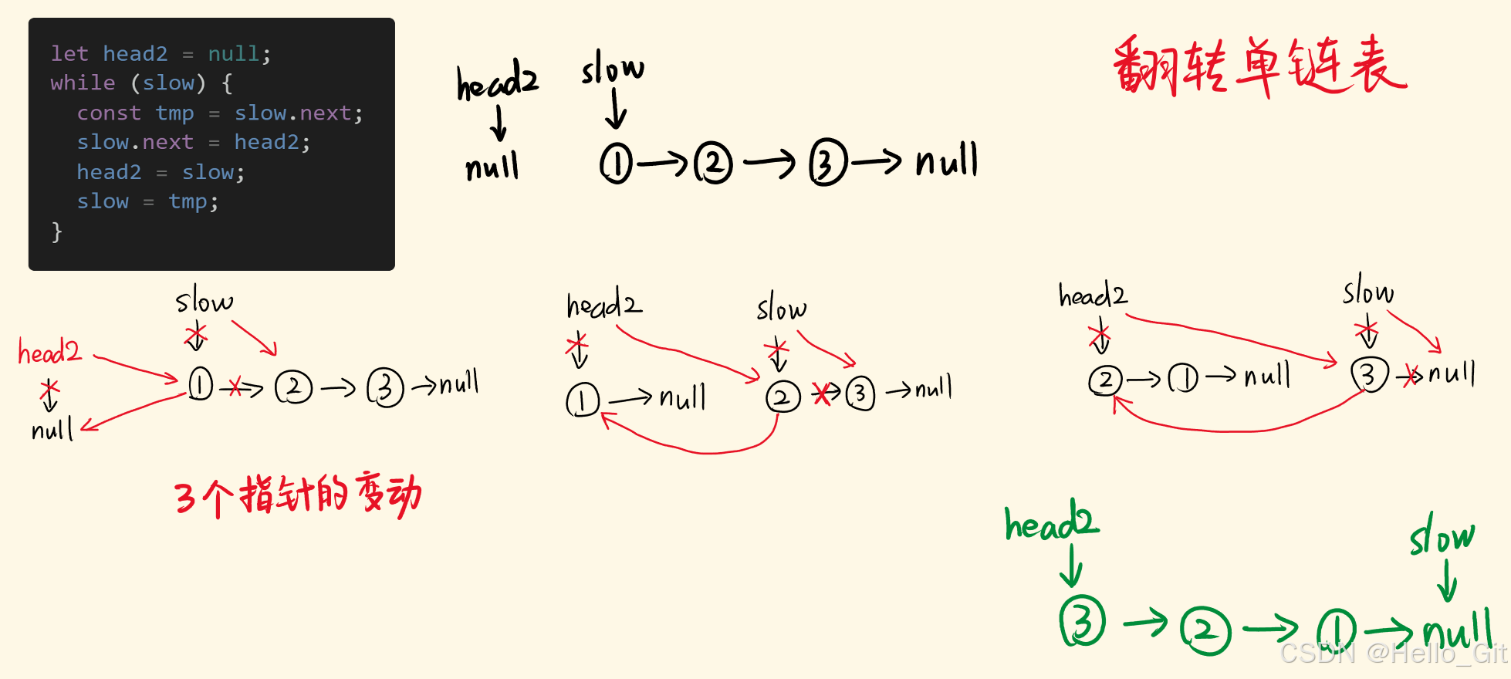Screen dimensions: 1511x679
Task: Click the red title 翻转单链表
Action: [x=1260, y=66]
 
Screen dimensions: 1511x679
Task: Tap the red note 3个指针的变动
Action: [x=298, y=496]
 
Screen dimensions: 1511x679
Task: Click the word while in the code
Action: [x=83, y=83]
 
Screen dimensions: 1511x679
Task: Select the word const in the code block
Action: [x=109, y=113]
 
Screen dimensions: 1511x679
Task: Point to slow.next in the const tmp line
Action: [x=293, y=113]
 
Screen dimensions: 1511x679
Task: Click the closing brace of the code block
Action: [x=56, y=231]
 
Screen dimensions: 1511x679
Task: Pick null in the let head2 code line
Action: [x=234, y=53]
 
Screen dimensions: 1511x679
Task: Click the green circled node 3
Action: [x=1083, y=623]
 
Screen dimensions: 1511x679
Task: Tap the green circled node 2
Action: [x=1205, y=630]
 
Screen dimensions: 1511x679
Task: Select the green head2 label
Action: [x=1051, y=522]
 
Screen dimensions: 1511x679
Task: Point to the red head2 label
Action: [x=49, y=353]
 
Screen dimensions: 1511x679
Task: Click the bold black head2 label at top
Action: [x=497, y=80]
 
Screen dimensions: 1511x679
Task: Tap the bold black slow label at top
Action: [x=613, y=69]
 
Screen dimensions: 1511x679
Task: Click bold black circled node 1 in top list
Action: [x=617, y=164]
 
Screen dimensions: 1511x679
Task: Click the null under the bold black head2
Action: [x=492, y=166]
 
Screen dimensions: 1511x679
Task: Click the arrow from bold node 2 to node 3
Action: [x=769, y=163]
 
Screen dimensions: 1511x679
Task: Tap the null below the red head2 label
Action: [x=52, y=429]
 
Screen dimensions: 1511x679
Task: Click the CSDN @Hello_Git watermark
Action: [x=1393, y=654]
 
